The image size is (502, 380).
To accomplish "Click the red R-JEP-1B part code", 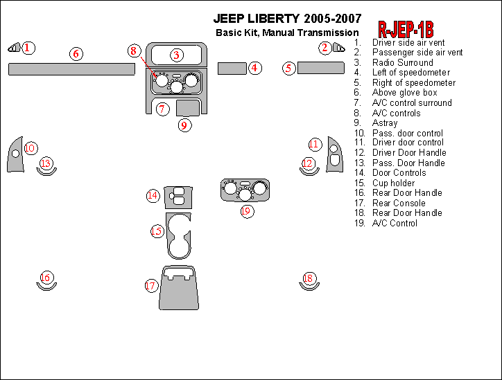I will coord(406,29).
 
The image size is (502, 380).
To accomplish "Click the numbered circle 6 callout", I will coord(77,53).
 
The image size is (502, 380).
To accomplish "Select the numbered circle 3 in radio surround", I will coord(177,55).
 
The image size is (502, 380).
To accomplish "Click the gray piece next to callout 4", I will coord(232,68).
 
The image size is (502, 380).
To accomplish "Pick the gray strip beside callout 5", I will coord(321,68).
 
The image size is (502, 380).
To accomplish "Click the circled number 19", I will coord(246,210).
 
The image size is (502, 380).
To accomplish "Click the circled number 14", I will coord(153,196).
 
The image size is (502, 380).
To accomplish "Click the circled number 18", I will coord(309,278).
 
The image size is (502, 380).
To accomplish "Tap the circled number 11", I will coord(315,144).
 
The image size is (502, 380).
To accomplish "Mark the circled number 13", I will coord(46,163).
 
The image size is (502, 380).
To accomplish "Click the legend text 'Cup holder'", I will coord(393,183).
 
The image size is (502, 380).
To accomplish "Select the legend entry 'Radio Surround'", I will coord(402,62).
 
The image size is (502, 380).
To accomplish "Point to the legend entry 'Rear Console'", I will coord(399,203).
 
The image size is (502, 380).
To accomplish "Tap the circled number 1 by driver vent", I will coord(27,48).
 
